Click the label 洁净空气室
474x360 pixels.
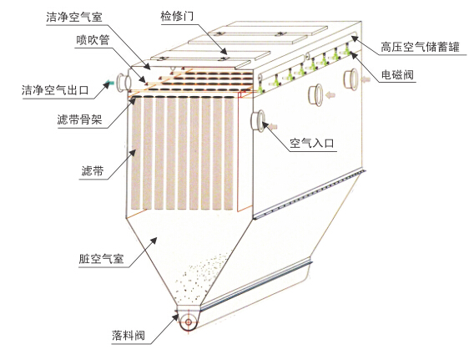click(74, 18)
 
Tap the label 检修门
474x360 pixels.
click(177, 16)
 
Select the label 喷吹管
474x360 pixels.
click(93, 40)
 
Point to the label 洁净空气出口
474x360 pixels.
click(55, 90)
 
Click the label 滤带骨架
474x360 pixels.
click(80, 119)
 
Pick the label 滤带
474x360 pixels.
click(93, 171)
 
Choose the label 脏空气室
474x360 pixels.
click(101, 259)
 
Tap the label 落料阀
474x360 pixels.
click(129, 335)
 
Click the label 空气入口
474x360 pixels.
click(311, 143)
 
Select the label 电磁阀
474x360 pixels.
click(397, 74)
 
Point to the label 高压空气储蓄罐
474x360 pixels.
click(420, 48)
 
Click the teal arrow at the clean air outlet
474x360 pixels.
click(110, 82)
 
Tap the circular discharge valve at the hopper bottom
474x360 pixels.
click(189, 322)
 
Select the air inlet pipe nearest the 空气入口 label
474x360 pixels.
click(258, 121)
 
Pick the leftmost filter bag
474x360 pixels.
click(136, 154)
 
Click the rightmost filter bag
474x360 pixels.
click(229, 154)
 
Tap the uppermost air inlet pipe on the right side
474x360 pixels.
click(350, 79)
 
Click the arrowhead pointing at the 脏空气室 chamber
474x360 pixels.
click(154, 241)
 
